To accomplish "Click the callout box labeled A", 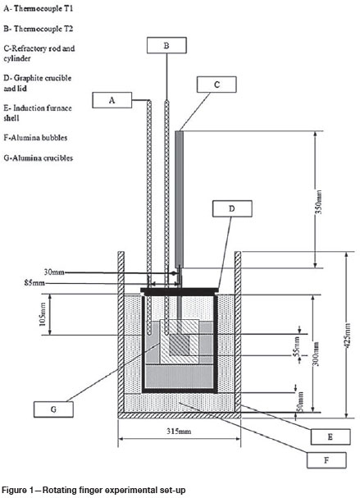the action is (x=112, y=100).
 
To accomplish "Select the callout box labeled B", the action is (x=166, y=45).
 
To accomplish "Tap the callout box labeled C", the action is (x=216, y=85).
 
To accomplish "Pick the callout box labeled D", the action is (x=232, y=208).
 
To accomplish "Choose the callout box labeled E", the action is (x=330, y=436).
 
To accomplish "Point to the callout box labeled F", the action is (x=326, y=460).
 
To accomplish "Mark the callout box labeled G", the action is (x=53, y=409).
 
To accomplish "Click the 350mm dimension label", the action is (x=319, y=202).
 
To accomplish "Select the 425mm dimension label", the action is (x=348, y=335).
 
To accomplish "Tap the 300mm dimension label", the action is (x=316, y=354).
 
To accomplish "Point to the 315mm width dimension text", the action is (x=179, y=431).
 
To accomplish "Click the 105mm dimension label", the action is (x=43, y=313).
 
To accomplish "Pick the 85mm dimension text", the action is (x=34, y=282).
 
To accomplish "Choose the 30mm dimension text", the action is (x=54, y=272).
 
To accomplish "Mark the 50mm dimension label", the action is (x=300, y=402).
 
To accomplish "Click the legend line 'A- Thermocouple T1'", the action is (x=39, y=8).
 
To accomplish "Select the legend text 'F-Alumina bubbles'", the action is (x=35, y=138).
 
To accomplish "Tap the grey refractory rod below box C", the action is (x=180, y=199).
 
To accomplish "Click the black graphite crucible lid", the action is (x=180, y=290).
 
